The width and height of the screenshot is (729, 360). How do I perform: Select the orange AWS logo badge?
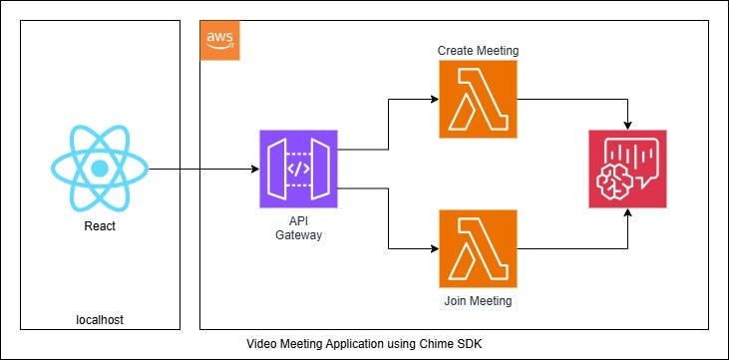click(x=219, y=39)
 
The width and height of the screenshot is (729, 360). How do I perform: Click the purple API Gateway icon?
click(x=298, y=169)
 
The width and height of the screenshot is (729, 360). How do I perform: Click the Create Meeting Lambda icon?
click(x=478, y=99)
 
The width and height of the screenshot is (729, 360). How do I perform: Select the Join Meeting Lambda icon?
click(x=478, y=248)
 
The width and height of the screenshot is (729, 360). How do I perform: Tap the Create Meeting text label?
click(x=478, y=50)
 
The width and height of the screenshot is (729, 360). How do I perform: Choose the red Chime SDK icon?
click(x=627, y=169)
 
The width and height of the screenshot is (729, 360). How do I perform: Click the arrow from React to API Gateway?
click(x=199, y=170)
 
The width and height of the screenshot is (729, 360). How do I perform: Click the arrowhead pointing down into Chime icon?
click(x=628, y=124)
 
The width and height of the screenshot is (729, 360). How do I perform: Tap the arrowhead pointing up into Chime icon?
click(x=628, y=214)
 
